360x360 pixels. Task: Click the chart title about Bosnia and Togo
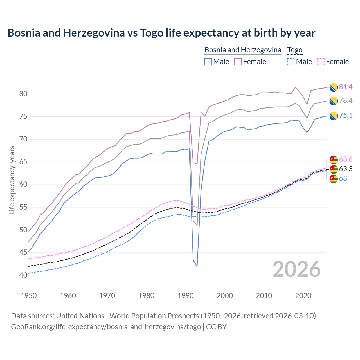[161, 33]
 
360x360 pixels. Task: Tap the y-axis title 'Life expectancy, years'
[12, 180]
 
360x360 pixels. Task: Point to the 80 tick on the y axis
[23, 94]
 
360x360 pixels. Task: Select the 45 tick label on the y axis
[23, 253]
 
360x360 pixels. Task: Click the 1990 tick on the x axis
[186, 296]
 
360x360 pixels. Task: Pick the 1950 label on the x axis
[29, 296]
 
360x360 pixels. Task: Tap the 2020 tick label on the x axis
[303, 296]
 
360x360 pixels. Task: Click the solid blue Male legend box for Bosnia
[208, 62]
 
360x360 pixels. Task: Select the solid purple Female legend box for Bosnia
[238, 62]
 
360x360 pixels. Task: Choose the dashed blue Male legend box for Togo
[291, 62]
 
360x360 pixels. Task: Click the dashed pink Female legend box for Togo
[321, 62]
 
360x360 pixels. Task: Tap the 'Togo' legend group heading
[295, 50]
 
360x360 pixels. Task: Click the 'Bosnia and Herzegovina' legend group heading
[243, 50]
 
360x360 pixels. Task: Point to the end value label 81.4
[346, 87]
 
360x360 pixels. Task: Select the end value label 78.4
[346, 101]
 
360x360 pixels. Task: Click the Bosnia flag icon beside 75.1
[334, 116]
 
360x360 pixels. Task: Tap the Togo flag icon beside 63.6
[334, 159]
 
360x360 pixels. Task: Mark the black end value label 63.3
[346, 169]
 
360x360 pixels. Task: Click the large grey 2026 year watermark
[297, 269]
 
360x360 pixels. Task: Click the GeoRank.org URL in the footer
[106, 327]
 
